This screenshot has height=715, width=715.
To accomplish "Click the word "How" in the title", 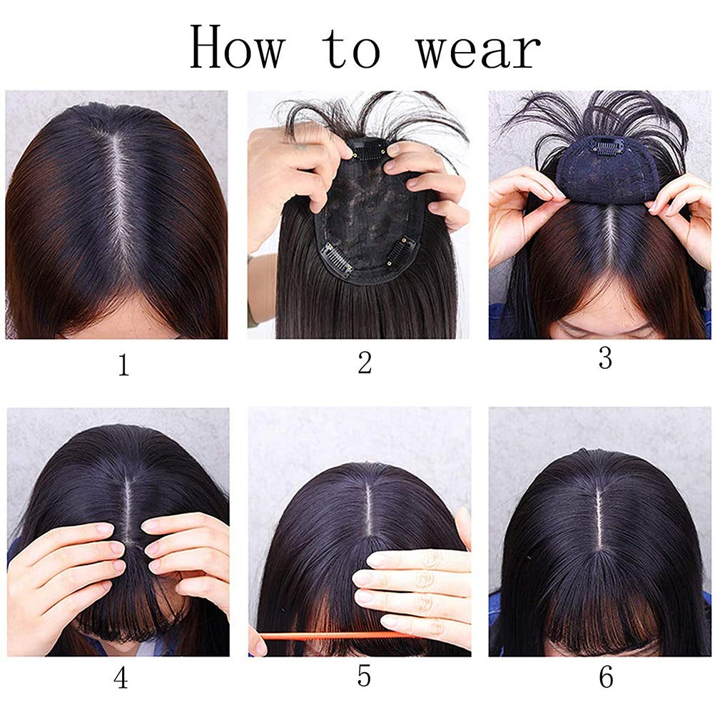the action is coord(238,47).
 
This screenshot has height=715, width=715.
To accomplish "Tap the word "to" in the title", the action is coord(351,49).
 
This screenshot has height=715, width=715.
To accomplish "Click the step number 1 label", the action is coord(123,365).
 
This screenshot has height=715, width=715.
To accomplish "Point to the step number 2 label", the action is coord(365,363).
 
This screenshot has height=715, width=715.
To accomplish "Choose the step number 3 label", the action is coord(605,358).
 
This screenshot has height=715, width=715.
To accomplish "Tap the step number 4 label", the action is coord(121,678).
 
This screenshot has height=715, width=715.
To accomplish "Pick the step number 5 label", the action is coord(364,675).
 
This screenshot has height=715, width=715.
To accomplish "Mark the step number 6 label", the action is coord(606,677).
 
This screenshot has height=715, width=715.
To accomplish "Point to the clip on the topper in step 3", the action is coord(607,146).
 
